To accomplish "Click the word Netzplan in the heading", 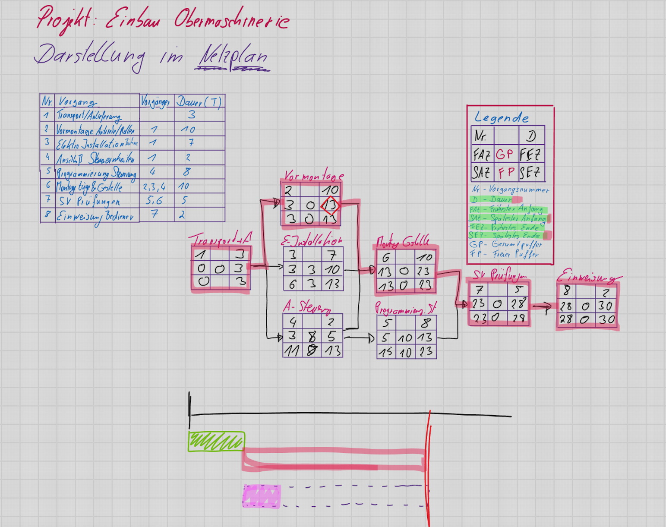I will tap(233, 57).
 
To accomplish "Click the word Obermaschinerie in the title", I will tap(232, 20).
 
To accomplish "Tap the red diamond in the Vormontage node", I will tap(330, 205).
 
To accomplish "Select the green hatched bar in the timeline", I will tap(216, 442).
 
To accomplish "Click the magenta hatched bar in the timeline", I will tap(262, 496).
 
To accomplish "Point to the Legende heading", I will tap(501, 118).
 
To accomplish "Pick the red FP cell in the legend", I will tap(506, 173).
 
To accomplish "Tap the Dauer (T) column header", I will tap(199, 102).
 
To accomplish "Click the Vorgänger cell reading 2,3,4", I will tap(155, 187).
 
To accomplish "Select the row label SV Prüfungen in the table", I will tap(89, 201).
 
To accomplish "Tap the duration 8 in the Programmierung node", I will tap(426, 323).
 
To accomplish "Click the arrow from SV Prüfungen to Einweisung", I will tap(542, 307).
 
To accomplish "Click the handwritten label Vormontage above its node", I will tap(313, 175).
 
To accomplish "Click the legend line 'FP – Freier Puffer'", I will tap(504, 254).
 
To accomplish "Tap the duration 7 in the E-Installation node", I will tap(331, 255).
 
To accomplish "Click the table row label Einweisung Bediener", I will tap(95, 216).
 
